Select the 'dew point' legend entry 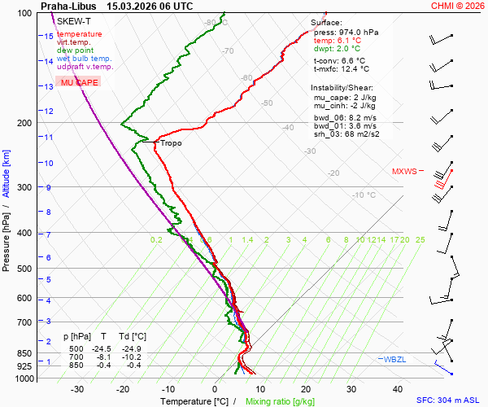tap(75, 50)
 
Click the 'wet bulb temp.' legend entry tap(84, 59)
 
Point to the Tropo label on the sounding tap(171, 143)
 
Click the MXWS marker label tap(404, 172)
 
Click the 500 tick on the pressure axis tap(26, 269)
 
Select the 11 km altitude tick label tap(48, 138)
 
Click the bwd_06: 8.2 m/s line tap(344, 117)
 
